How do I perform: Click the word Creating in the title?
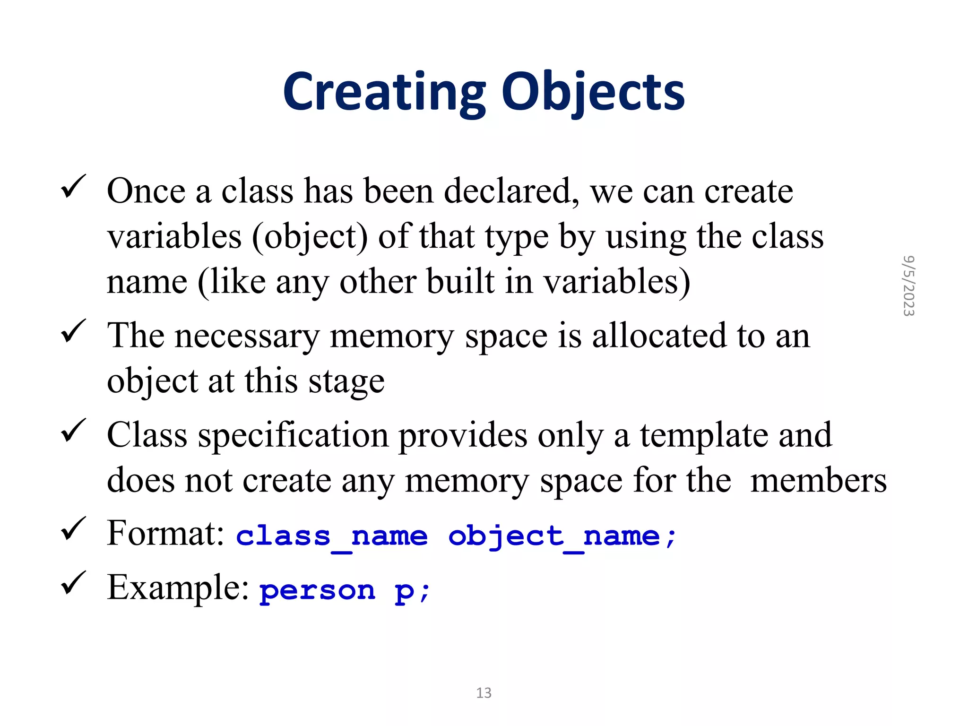click(x=384, y=92)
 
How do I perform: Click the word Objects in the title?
click(x=593, y=92)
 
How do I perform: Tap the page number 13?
click(x=484, y=693)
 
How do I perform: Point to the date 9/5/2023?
click(x=908, y=286)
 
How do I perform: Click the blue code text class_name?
click(x=332, y=537)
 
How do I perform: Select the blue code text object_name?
click(x=562, y=537)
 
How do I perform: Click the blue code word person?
click(x=318, y=591)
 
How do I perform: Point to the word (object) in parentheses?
click(x=310, y=237)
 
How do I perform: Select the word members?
click(x=818, y=481)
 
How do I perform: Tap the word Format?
click(x=165, y=533)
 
